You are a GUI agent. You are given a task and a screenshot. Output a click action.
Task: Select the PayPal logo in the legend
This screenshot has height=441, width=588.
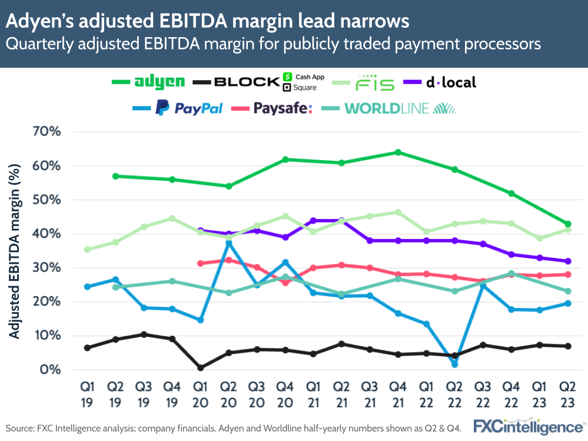coord(189,108)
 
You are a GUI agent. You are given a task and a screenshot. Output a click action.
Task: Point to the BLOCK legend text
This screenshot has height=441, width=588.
coord(246,82)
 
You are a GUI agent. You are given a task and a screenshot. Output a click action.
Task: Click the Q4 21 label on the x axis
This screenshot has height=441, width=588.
coord(398,393)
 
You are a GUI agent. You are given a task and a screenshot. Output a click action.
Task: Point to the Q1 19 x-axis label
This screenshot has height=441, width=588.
coord(87,393)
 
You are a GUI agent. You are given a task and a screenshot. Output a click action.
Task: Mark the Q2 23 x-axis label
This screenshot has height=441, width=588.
coord(567,393)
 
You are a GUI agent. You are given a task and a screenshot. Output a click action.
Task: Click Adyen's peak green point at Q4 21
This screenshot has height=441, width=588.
coord(398,152)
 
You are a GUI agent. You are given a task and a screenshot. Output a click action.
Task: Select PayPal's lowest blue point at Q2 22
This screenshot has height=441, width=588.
coord(454,364)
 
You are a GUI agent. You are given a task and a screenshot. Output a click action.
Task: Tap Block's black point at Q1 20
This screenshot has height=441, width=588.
coord(201,367)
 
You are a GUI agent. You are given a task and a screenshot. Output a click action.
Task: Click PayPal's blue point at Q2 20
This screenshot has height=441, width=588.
coord(229,243)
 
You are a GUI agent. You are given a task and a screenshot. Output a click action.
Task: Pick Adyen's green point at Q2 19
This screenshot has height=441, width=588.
coord(115,176)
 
